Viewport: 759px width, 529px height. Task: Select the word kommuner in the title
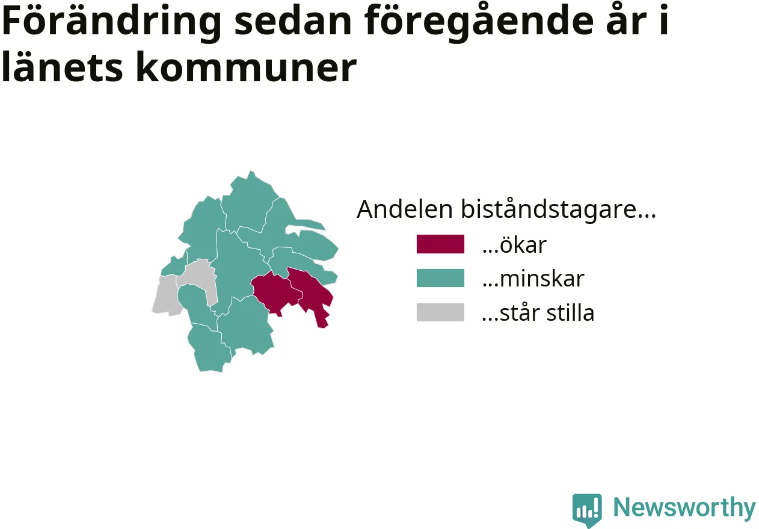pos(247,67)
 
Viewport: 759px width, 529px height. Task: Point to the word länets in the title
pos(63,67)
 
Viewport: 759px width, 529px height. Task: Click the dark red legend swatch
pos(440,244)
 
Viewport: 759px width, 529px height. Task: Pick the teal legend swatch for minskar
pos(440,278)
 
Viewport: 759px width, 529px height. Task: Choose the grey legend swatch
pos(440,312)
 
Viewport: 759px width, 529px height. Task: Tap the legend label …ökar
pos(514,244)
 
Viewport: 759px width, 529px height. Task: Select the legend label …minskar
pos(533,279)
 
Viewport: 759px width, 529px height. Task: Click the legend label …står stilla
pos(538,312)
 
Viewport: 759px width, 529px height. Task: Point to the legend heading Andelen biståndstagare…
pos(506,209)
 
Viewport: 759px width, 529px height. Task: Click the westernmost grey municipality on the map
pos(165,295)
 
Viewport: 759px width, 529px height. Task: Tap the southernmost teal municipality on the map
pos(209,349)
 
